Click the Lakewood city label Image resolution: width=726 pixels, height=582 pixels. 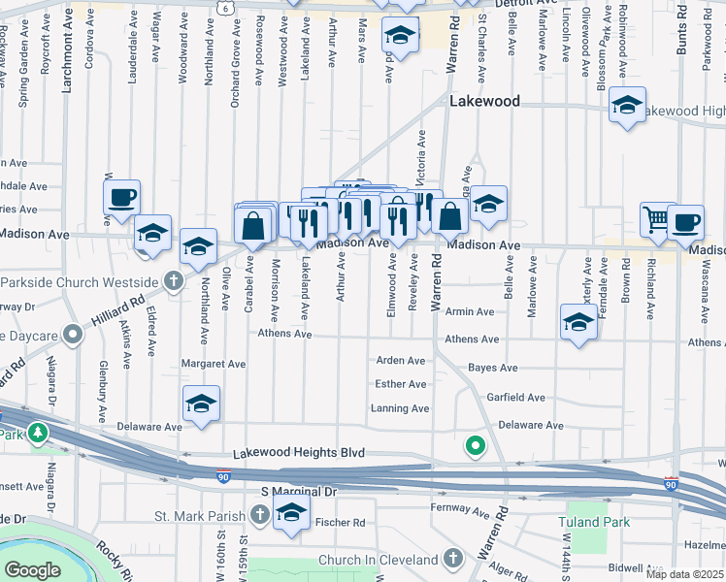[484, 101]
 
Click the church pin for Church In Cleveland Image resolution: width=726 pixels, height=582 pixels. [452, 559]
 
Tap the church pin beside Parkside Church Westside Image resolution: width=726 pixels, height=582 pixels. [173, 281]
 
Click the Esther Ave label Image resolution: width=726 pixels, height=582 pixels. [400, 384]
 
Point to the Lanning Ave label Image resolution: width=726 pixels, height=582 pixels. [399, 408]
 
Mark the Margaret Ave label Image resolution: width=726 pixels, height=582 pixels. [214, 364]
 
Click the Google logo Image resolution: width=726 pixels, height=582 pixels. [32, 570]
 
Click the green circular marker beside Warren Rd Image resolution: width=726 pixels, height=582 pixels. [475, 446]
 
